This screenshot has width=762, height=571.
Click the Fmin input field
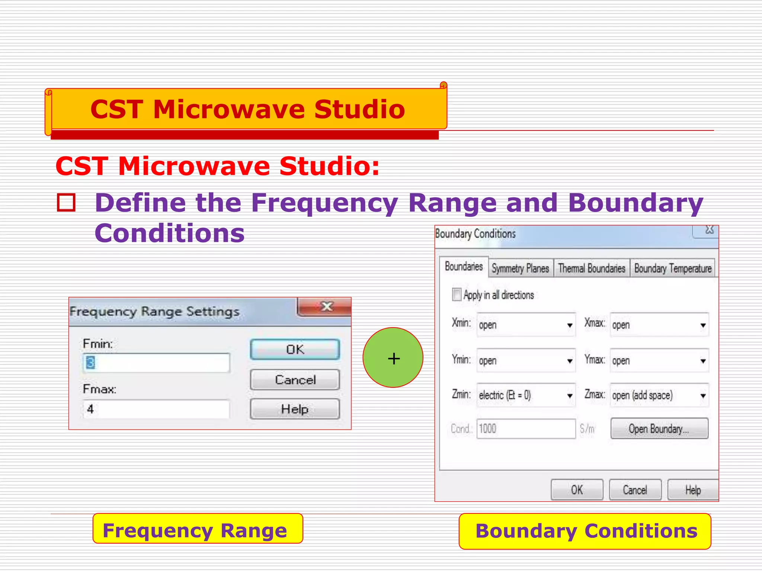click(x=156, y=363)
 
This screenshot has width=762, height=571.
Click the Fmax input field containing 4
click(x=156, y=409)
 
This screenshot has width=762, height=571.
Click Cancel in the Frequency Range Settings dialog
click(x=295, y=380)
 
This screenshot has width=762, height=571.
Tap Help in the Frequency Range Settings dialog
click(x=295, y=409)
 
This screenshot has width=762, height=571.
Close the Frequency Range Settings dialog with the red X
click(x=326, y=307)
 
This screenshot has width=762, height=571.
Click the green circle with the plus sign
click(x=393, y=358)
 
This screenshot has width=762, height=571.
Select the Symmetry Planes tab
click(x=520, y=268)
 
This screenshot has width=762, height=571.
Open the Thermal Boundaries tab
click(x=592, y=268)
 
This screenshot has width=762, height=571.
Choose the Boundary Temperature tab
click(x=673, y=268)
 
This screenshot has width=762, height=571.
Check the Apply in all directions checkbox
click(x=457, y=294)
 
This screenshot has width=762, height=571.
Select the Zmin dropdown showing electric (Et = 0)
click(x=526, y=395)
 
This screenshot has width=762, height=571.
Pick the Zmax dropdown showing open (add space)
click(x=659, y=395)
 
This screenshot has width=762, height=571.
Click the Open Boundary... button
click(x=659, y=429)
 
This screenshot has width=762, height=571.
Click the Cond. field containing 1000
click(x=526, y=429)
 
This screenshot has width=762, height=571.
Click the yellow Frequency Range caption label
click(x=198, y=530)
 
